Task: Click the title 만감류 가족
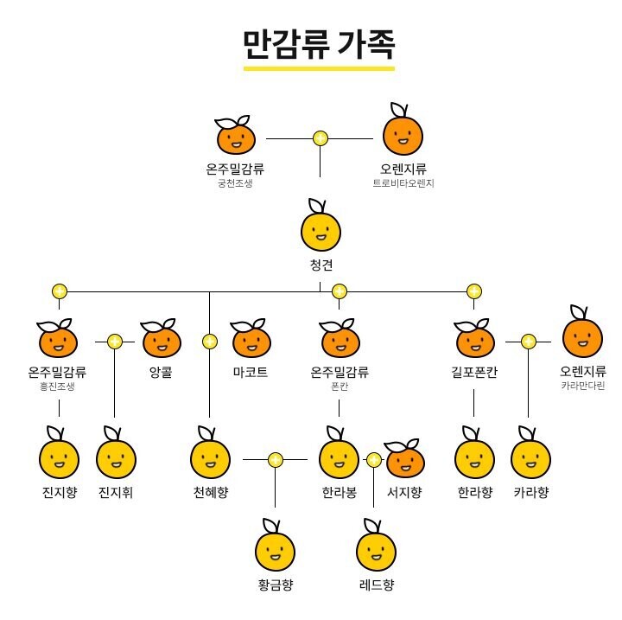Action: pos(319,42)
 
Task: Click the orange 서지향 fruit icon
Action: pos(404,459)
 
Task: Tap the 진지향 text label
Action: pos(59,493)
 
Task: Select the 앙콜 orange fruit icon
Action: pos(162,341)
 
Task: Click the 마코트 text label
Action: pos(251,374)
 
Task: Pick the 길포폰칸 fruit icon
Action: pos(473,341)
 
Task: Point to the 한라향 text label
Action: pos(474,493)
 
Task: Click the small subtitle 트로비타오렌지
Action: pos(403,183)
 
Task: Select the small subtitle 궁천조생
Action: pos(235,183)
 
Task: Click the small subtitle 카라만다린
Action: pos(583,386)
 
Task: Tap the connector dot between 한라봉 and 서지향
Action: pos(373,460)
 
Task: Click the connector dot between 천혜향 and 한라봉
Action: pos(275,460)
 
